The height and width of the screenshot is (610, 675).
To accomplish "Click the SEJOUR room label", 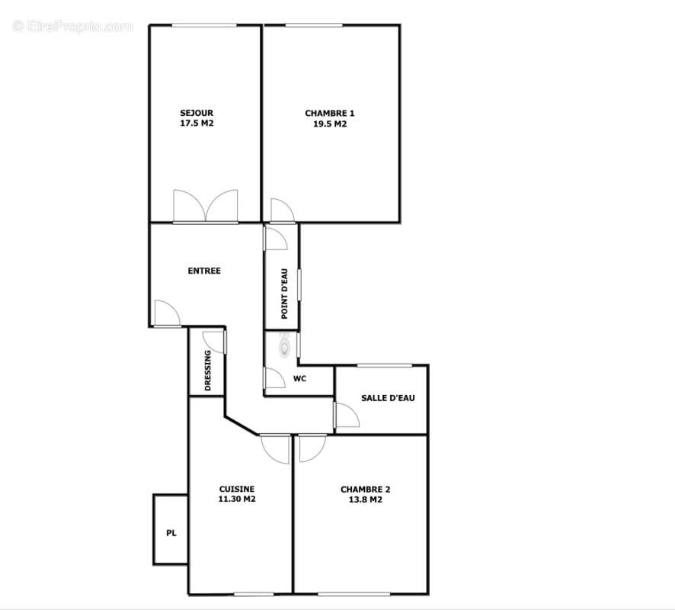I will pos(197,113).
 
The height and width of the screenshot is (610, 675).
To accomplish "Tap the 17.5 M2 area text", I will pos(197,124).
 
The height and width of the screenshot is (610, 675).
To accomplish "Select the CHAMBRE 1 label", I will pos(330,113).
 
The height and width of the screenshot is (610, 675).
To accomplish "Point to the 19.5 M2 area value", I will pos(330,124).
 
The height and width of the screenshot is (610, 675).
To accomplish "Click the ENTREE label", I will pos(204,271).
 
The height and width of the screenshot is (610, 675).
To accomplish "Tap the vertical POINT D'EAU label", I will pos(283,294).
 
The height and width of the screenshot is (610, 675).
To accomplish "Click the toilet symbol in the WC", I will pos(285,347).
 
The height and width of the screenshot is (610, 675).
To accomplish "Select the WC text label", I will pos(299,378).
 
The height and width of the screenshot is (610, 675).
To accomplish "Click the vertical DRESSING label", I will pos(208,371).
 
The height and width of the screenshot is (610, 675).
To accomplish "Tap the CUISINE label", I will pos(237,490).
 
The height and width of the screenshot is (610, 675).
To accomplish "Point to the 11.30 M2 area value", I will pos(237,500).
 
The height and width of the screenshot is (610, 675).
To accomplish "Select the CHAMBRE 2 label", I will pos(366,490).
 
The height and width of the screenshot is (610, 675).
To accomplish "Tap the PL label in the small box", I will pos(171,534).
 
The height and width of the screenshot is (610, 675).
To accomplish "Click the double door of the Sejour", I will pos(206,206).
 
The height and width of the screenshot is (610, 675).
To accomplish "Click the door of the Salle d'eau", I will pos(347,416).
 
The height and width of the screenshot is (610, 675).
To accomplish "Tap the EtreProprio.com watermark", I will pos(73,27).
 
